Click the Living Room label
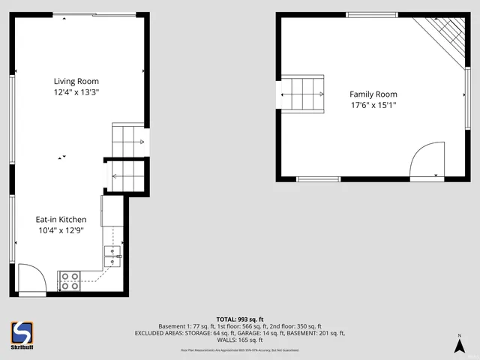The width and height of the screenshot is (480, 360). (x=76, y=81)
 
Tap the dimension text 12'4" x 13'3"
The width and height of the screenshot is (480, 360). (x=76, y=92)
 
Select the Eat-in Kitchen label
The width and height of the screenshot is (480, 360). (x=66, y=219)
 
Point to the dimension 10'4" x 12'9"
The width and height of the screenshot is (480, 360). (x=66, y=230)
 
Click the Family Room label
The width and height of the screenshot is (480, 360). (x=373, y=94)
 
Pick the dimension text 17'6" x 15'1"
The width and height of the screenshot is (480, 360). (x=373, y=105)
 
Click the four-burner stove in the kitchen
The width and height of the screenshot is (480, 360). (x=70, y=281)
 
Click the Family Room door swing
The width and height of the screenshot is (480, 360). (x=427, y=161)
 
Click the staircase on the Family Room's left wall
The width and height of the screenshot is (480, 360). (x=302, y=94)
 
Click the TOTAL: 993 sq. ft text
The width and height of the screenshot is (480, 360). (x=239, y=319)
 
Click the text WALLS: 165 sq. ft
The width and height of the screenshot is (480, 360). (x=239, y=340)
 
